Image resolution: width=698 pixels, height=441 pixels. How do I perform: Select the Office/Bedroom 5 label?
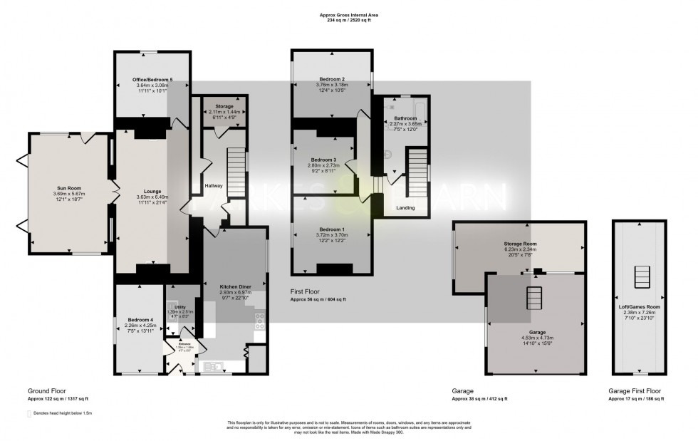click(150, 79)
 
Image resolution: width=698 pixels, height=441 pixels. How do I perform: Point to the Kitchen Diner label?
click(234, 286)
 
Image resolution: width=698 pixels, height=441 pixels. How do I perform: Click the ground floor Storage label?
click(224, 107)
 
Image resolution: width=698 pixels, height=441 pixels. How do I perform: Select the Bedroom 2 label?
click(332, 79)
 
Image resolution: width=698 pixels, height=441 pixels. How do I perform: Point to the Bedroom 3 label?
click(324, 160)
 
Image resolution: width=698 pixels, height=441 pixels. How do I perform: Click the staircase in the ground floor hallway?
click(236, 168)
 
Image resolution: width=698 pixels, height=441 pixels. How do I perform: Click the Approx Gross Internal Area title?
click(348, 14)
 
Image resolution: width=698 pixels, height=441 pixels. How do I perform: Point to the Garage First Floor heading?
click(634, 391)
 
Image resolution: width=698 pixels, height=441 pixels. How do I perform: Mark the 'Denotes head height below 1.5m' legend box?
click(30, 413)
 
